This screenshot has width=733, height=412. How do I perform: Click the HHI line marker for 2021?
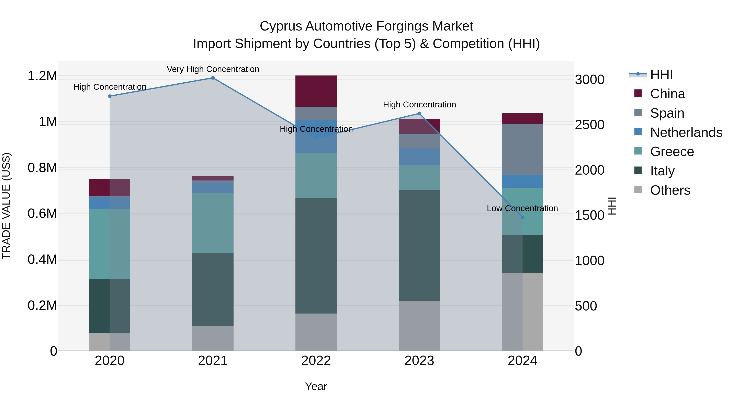tap(213, 78)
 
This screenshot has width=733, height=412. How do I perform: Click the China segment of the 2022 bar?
tap(316, 91)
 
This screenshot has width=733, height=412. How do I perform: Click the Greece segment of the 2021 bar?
tap(213, 223)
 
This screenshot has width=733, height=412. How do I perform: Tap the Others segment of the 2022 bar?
tap(316, 332)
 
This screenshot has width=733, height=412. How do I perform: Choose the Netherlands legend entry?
tap(686, 132)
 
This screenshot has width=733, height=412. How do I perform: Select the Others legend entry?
tap(670, 190)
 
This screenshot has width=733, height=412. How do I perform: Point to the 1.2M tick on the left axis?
tap(42, 76)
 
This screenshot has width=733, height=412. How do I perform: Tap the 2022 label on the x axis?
tap(316, 361)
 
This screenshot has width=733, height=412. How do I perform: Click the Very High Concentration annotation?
tap(213, 69)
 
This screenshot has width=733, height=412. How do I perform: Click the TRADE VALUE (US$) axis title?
tap(6, 206)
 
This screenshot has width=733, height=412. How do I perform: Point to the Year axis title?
tap(316, 386)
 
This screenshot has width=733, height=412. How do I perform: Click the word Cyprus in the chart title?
tap(281, 26)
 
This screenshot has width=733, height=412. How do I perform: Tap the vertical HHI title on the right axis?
tap(612, 206)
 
